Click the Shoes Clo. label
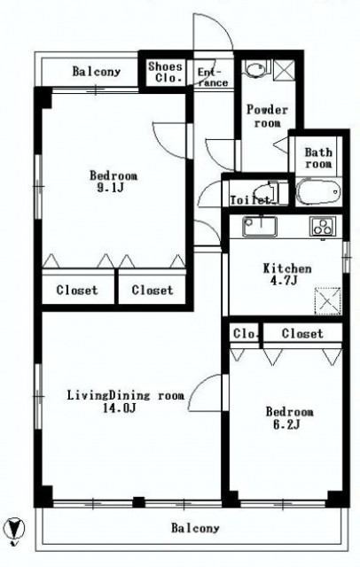[165, 72]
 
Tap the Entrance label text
[213, 77]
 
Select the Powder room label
[268, 116]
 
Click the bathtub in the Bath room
[318, 191]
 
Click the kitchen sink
[260, 226]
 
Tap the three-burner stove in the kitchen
[323, 227]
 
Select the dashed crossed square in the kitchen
[327, 301]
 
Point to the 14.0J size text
[120, 408]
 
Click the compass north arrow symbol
[14, 530]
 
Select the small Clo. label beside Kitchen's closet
[246, 333]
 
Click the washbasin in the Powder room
[255, 68]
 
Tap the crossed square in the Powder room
[284, 70]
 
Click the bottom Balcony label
[195, 528]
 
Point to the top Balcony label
[97, 71]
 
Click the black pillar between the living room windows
[138, 502]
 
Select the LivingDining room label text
[126, 395]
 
